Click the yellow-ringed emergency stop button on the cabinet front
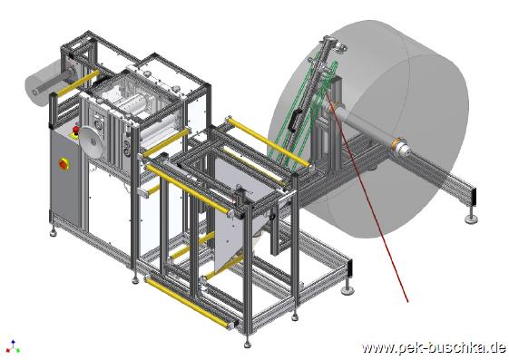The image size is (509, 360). pos(64,164)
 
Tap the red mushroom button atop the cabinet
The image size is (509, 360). pos(76,130)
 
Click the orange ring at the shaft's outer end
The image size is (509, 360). pos(396,144)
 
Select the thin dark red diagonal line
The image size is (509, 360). pos(367,197)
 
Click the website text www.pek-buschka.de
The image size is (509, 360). pos(434,348)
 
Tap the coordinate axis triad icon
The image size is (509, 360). pos(13,346)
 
